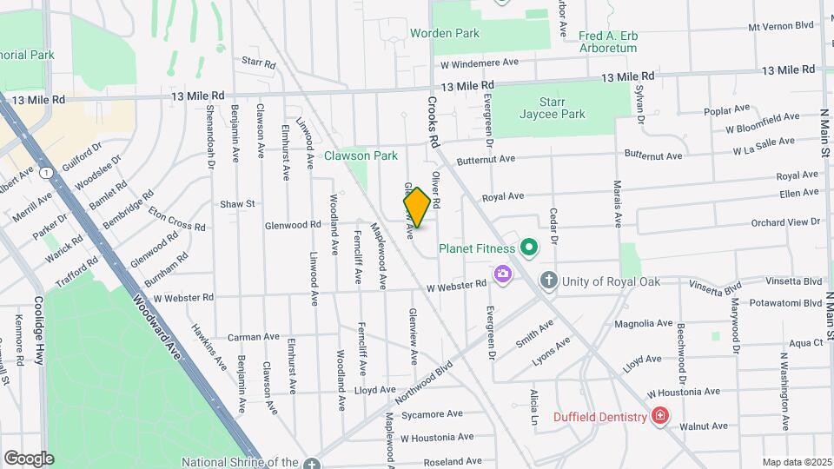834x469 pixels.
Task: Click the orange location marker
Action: (417, 208)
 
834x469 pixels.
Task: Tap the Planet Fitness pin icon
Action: (526, 248)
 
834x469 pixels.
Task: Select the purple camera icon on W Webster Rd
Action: (502, 275)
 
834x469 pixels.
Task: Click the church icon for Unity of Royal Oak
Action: (548, 281)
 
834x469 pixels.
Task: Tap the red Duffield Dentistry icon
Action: (660, 417)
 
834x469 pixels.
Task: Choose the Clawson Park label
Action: (361, 156)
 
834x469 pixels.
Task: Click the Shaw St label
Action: (236, 204)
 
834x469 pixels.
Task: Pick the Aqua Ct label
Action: (805, 343)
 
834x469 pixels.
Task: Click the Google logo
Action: (29, 458)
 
